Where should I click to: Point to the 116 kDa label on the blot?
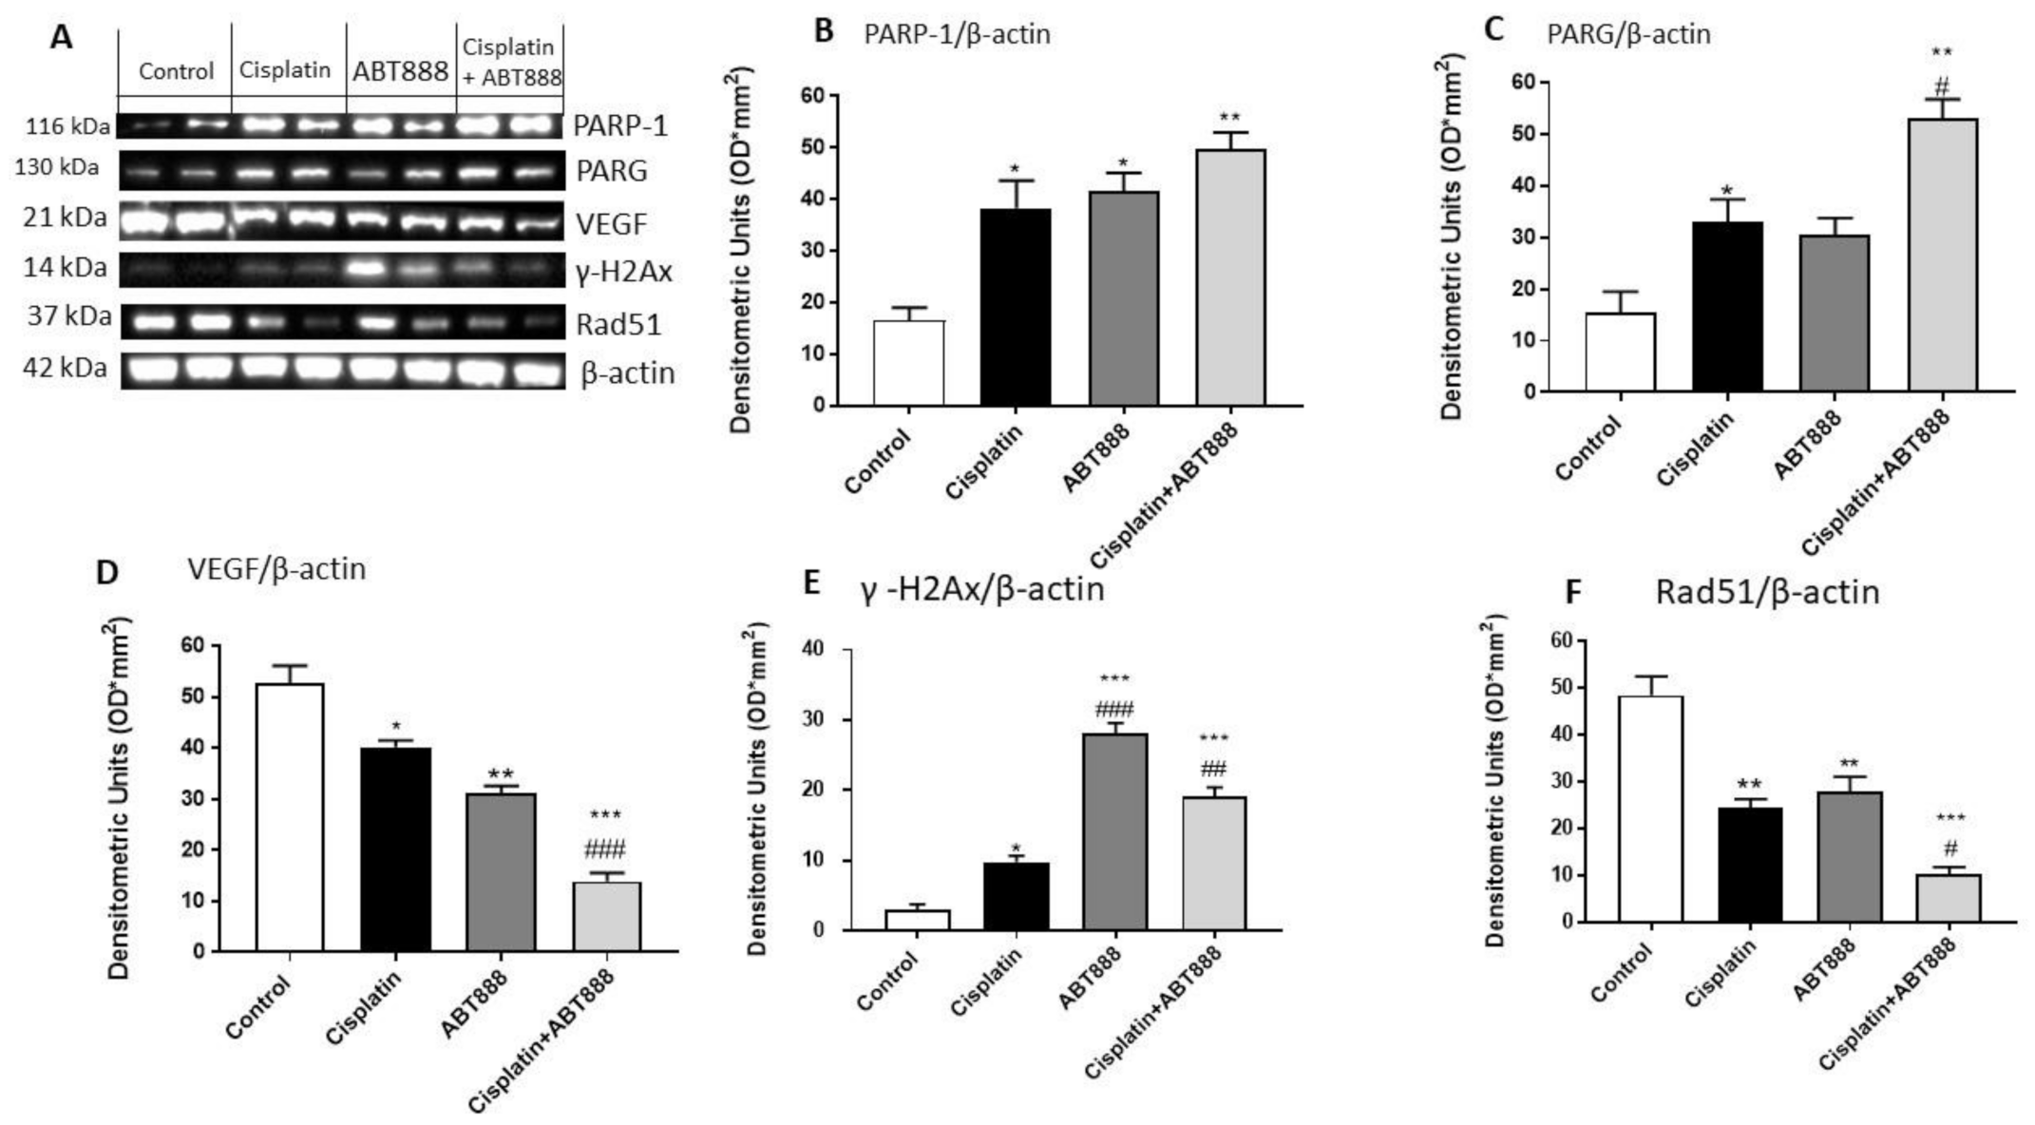pos(67,126)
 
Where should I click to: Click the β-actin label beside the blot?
pos(627,373)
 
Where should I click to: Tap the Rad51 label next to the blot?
pos(618,325)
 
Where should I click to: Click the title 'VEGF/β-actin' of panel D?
pos(276,568)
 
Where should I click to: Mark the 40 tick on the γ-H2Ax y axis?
pos(818,650)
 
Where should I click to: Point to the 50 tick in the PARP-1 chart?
pos(810,147)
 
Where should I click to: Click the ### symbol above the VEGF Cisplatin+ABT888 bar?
pos(606,849)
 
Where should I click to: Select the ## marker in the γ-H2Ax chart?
pos(1213,769)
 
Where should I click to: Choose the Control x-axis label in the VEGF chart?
pos(257,1007)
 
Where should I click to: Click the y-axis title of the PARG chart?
pos(1450,238)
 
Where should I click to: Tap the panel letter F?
pos(1573,593)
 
